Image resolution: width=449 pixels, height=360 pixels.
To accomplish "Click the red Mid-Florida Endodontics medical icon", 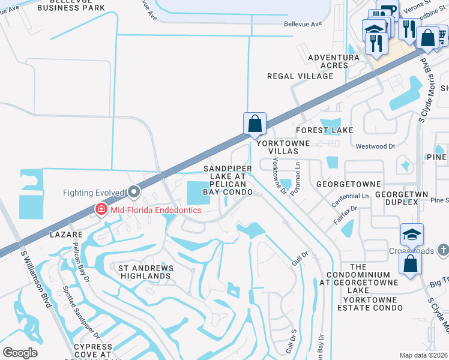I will [x=101, y=209].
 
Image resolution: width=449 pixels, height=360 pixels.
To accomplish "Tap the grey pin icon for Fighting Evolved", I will [x=133, y=193].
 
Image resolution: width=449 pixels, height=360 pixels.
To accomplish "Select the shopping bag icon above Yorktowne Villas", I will [x=255, y=124].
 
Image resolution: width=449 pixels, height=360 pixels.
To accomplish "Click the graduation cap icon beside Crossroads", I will [x=412, y=234].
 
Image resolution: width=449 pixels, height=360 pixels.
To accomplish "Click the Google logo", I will [x=20, y=353].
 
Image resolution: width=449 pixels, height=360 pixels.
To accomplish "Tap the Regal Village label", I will [x=300, y=76].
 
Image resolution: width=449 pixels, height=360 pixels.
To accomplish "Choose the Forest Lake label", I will [x=325, y=130].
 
